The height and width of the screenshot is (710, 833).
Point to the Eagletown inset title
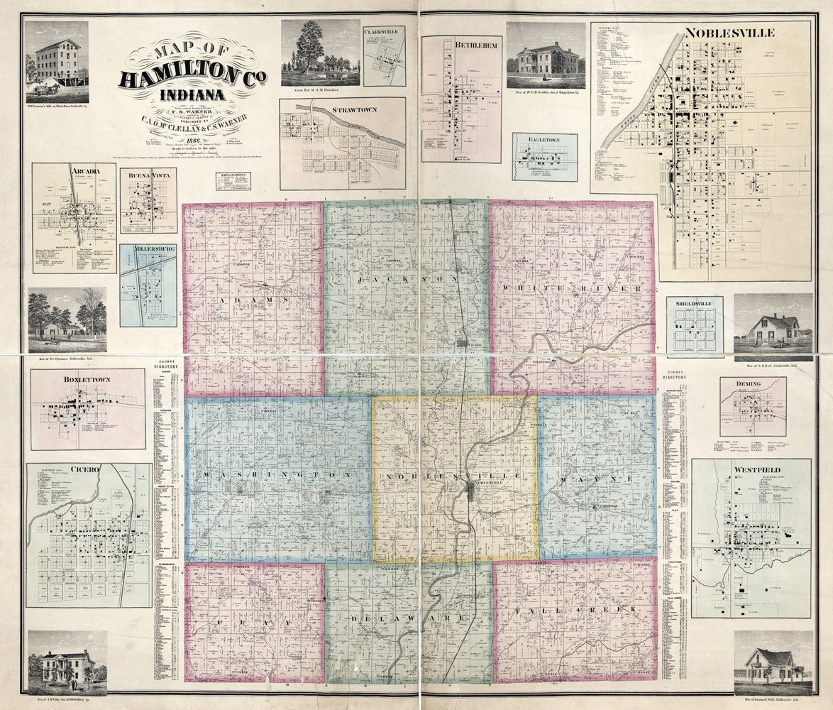coord(544,141)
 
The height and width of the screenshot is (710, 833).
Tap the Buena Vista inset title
coord(148,174)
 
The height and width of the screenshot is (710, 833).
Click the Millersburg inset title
coord(148,251)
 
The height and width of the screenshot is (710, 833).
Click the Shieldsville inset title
coord(694,302)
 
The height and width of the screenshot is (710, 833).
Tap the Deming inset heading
coord(752,383)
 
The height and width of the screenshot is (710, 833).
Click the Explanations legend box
coord(233,181)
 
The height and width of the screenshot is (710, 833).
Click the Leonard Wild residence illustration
coord(773,664)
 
